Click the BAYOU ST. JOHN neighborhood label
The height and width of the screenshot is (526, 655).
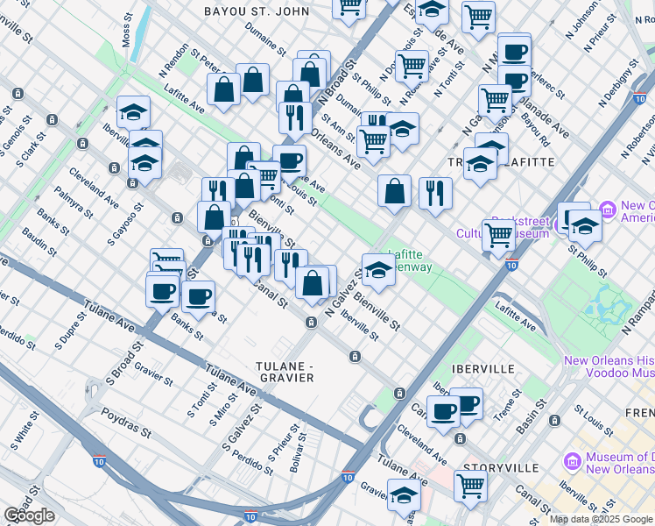click(256, 11)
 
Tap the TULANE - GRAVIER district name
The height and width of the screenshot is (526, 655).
click(284, 371)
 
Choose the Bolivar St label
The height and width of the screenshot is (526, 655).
click(295, 447)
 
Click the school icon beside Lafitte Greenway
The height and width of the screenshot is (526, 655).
click(377, 270)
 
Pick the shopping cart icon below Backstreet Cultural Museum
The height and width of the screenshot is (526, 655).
click(498, 234)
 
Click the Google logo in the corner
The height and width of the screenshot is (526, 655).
click(30, 515)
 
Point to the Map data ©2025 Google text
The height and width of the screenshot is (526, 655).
click(601, 519)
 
